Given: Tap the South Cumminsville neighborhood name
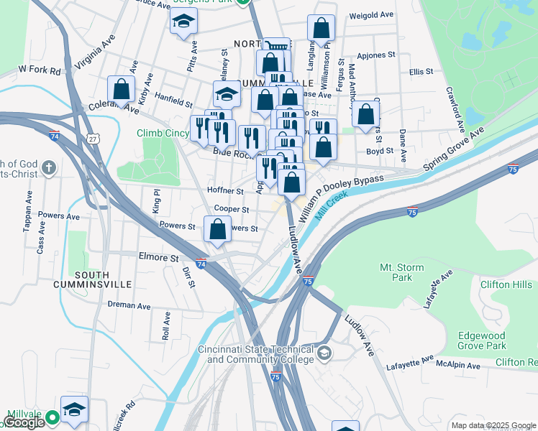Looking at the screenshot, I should (81, 279).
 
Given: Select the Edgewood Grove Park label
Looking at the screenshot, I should (496, 340).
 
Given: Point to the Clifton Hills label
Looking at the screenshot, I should (506, 284).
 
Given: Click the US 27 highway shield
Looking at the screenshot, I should (91, 137).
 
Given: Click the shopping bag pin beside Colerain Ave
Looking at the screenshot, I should (122, 90).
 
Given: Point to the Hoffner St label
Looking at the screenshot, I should (225, 191).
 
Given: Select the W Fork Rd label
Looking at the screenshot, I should (40, 70).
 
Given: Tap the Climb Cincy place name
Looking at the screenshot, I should (164, 133).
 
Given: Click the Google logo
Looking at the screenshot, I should (24, 422).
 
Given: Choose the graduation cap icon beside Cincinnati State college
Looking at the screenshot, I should (324, 352).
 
